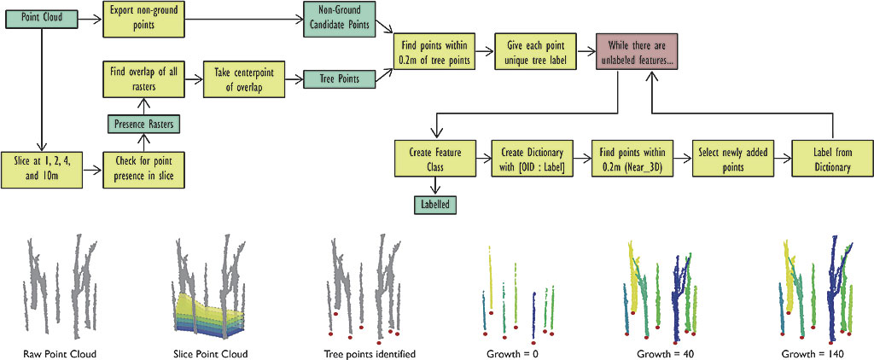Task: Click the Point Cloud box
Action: coord(42,16)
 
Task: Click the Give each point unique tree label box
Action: coord(534,52)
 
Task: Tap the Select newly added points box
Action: coord(731,160)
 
